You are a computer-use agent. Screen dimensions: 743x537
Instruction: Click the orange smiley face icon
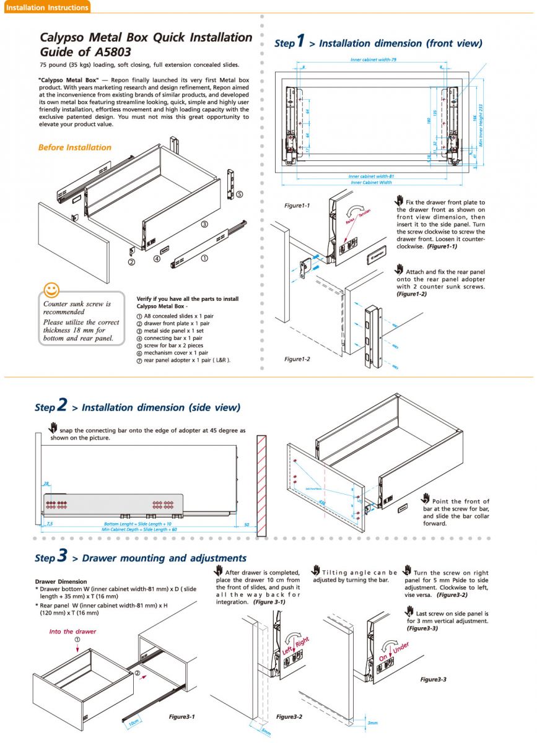coord(52,289)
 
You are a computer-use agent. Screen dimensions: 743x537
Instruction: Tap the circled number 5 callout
coord(239,194)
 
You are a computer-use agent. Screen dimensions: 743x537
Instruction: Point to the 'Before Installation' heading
coord(74,147)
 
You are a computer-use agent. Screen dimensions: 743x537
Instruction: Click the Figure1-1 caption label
coord(297,206)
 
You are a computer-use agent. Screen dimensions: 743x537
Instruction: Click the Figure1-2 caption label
coord(297,359)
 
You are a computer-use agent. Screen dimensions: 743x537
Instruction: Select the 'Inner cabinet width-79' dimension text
coord(373,59)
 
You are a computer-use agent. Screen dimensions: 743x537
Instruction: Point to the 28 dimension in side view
coord(46,484)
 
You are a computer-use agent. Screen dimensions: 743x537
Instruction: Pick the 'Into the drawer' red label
coord(73,632)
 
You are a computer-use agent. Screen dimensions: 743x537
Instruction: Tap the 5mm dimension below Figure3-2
coord(266,731)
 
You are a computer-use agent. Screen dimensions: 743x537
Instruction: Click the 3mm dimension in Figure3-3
coord(372,723)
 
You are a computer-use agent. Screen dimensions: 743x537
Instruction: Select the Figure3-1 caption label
coord(182,716)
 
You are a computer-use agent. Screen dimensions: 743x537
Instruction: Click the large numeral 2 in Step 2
coord(62,405)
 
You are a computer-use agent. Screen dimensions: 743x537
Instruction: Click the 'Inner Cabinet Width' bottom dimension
coord(371,183)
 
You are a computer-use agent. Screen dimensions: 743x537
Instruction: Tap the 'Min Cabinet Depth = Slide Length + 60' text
coord(139,529)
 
